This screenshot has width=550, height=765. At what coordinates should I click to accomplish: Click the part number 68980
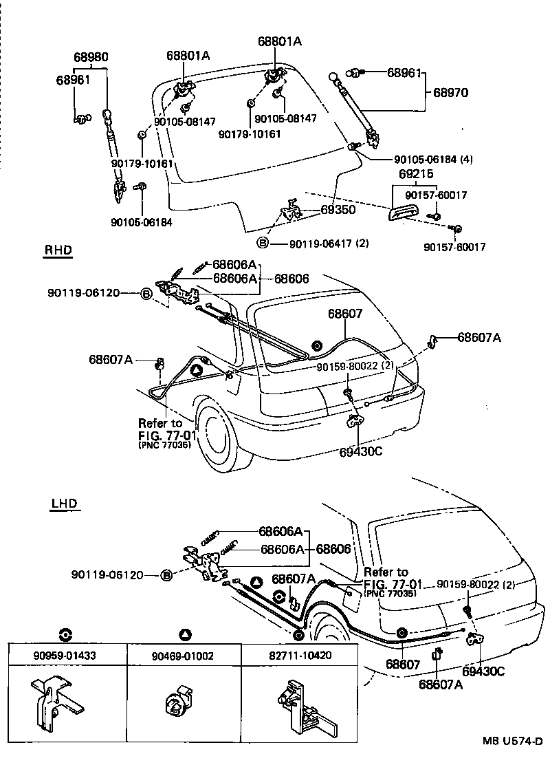pos(91,56)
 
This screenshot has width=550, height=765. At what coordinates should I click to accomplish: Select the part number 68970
pos(450,92)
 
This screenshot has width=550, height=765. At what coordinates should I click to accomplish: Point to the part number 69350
pos(338,210)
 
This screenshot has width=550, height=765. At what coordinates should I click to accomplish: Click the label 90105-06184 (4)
pos(423,159)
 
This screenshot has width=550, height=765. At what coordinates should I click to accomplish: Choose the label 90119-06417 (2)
pos(328,243)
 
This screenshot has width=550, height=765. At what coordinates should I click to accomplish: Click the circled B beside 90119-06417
pos(263,243)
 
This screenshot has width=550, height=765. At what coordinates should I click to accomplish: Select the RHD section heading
pos(58,250)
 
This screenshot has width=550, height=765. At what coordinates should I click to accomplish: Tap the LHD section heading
pos(65,504)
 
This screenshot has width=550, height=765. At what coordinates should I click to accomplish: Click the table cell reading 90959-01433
pos(67,656)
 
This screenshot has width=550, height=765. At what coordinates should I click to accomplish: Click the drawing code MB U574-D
pos(511,742)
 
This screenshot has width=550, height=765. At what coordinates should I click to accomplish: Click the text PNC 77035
pos(390,592)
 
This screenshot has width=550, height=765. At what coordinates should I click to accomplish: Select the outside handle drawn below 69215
pos(401,214)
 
